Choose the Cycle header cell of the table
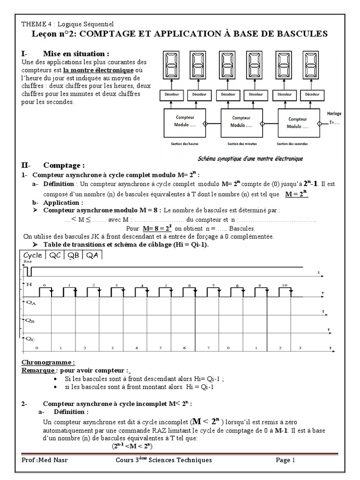(33, 255)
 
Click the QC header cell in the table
(54, 255)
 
